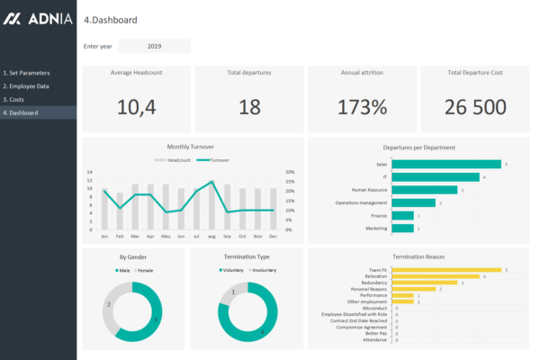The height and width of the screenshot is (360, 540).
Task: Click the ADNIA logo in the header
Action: coord(38,19)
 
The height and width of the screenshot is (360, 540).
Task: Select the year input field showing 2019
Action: coord(154,46)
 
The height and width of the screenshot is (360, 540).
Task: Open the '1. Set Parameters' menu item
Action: coord(27,72)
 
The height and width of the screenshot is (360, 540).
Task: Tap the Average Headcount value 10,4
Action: coord(137,107)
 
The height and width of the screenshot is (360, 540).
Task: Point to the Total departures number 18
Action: coord(249,107)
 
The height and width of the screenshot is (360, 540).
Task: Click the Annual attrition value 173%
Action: coord(364,107)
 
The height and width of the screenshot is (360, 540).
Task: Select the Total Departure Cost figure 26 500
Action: coord(475,107)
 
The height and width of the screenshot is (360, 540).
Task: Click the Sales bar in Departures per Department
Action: coord(446,164)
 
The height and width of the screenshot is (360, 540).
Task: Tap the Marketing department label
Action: coord(377,229)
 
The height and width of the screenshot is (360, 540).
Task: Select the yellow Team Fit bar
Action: coord(446,269)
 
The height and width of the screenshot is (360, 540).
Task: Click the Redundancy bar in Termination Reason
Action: coord(425,283)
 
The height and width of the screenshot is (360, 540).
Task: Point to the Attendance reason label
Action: coord(375,339)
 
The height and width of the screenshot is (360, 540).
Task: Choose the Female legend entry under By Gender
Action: coord(144,269)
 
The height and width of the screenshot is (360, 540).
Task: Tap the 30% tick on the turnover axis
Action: coord(289,172)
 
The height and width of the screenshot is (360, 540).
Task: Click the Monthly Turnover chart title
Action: coord(192,147)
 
